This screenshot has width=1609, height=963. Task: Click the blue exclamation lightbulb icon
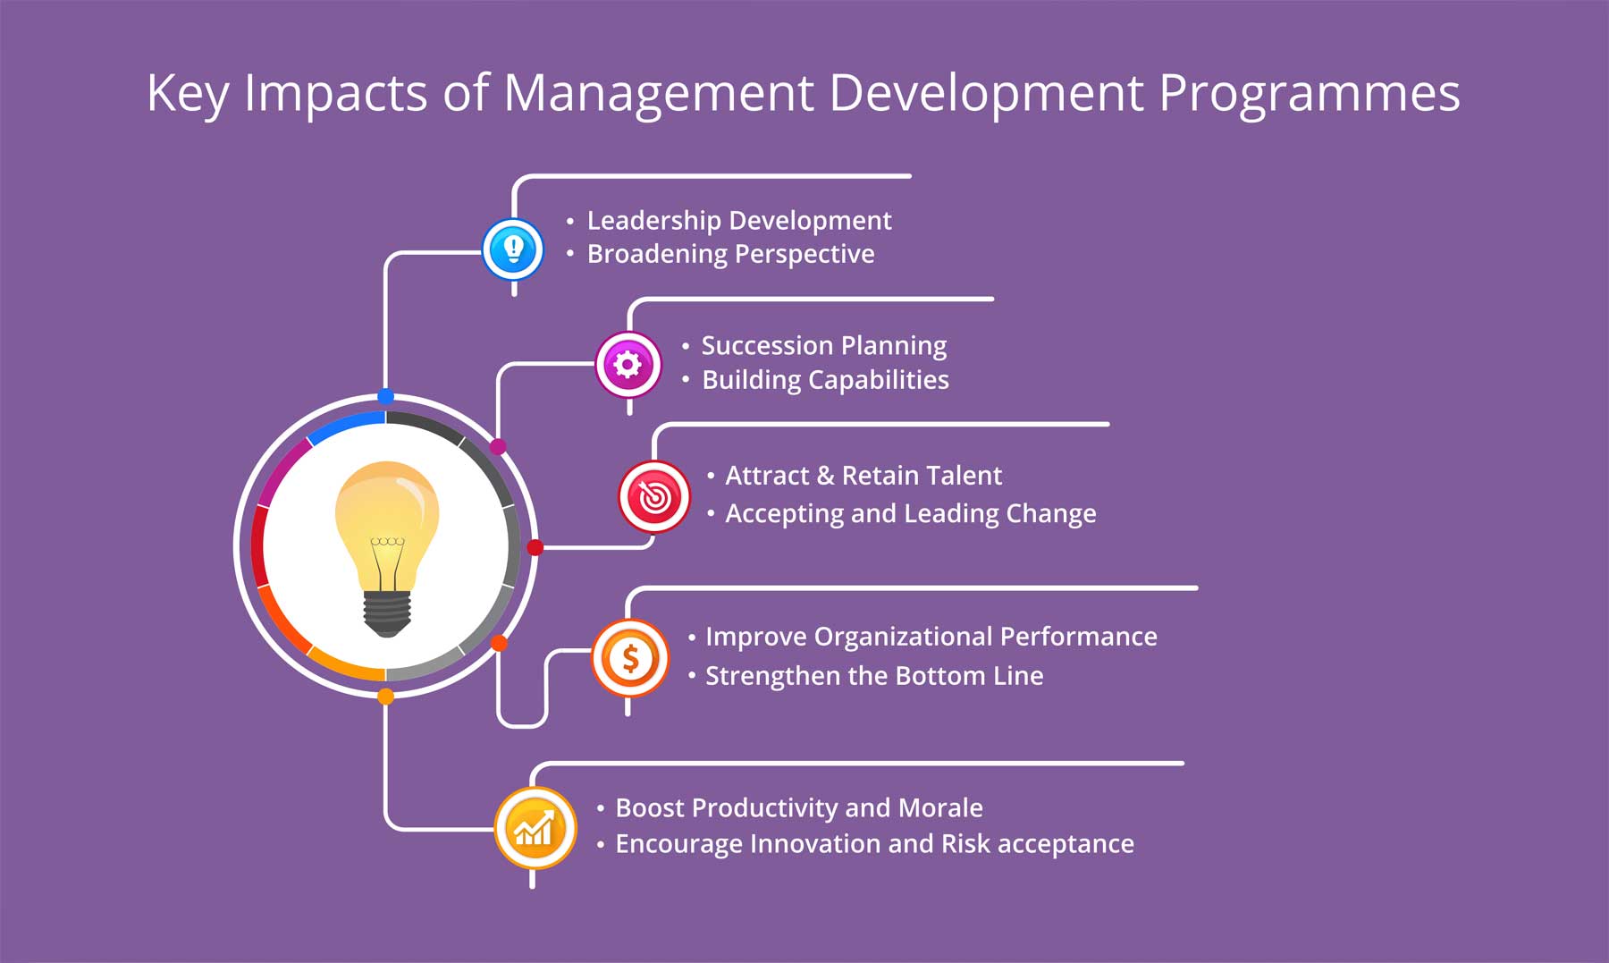point(513,249)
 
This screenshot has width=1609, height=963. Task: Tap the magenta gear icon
point(628,365)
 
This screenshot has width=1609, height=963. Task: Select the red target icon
point(654,497)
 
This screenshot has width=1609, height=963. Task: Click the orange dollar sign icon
point(630,659)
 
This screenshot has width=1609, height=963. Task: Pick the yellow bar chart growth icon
point(535,828)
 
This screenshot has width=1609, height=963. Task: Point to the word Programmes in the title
point(1310,93)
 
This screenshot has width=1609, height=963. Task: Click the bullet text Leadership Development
point(738,221)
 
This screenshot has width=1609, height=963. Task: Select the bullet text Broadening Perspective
point(730,255)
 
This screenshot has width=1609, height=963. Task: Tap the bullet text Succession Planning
point(823,346)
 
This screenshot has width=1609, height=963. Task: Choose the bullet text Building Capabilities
point(825,380)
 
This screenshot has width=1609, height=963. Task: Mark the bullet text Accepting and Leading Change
point(910,514)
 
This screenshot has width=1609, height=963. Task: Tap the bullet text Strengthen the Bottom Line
point(874,676)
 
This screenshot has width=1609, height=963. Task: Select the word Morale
point(940,808)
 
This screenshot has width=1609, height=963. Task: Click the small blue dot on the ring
point(386,396)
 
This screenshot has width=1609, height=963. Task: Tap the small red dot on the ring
point(535,547)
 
